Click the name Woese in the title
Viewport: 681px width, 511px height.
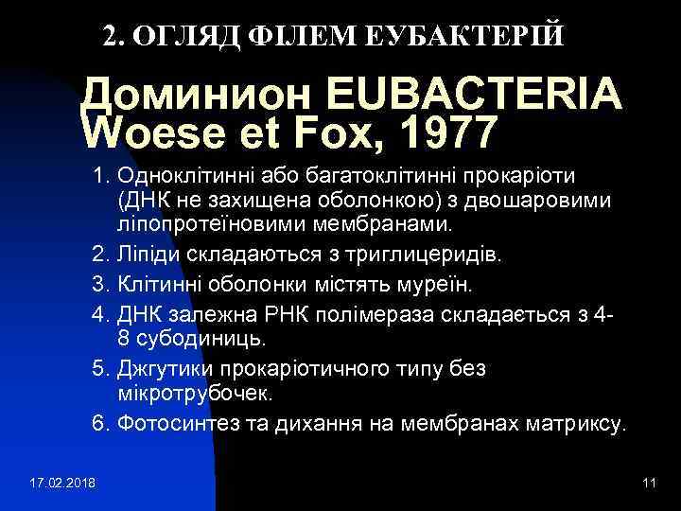pyautogui.click(x=155, y=133)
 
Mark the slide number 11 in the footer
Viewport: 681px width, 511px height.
pyautogui.click(x=648, y=485)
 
